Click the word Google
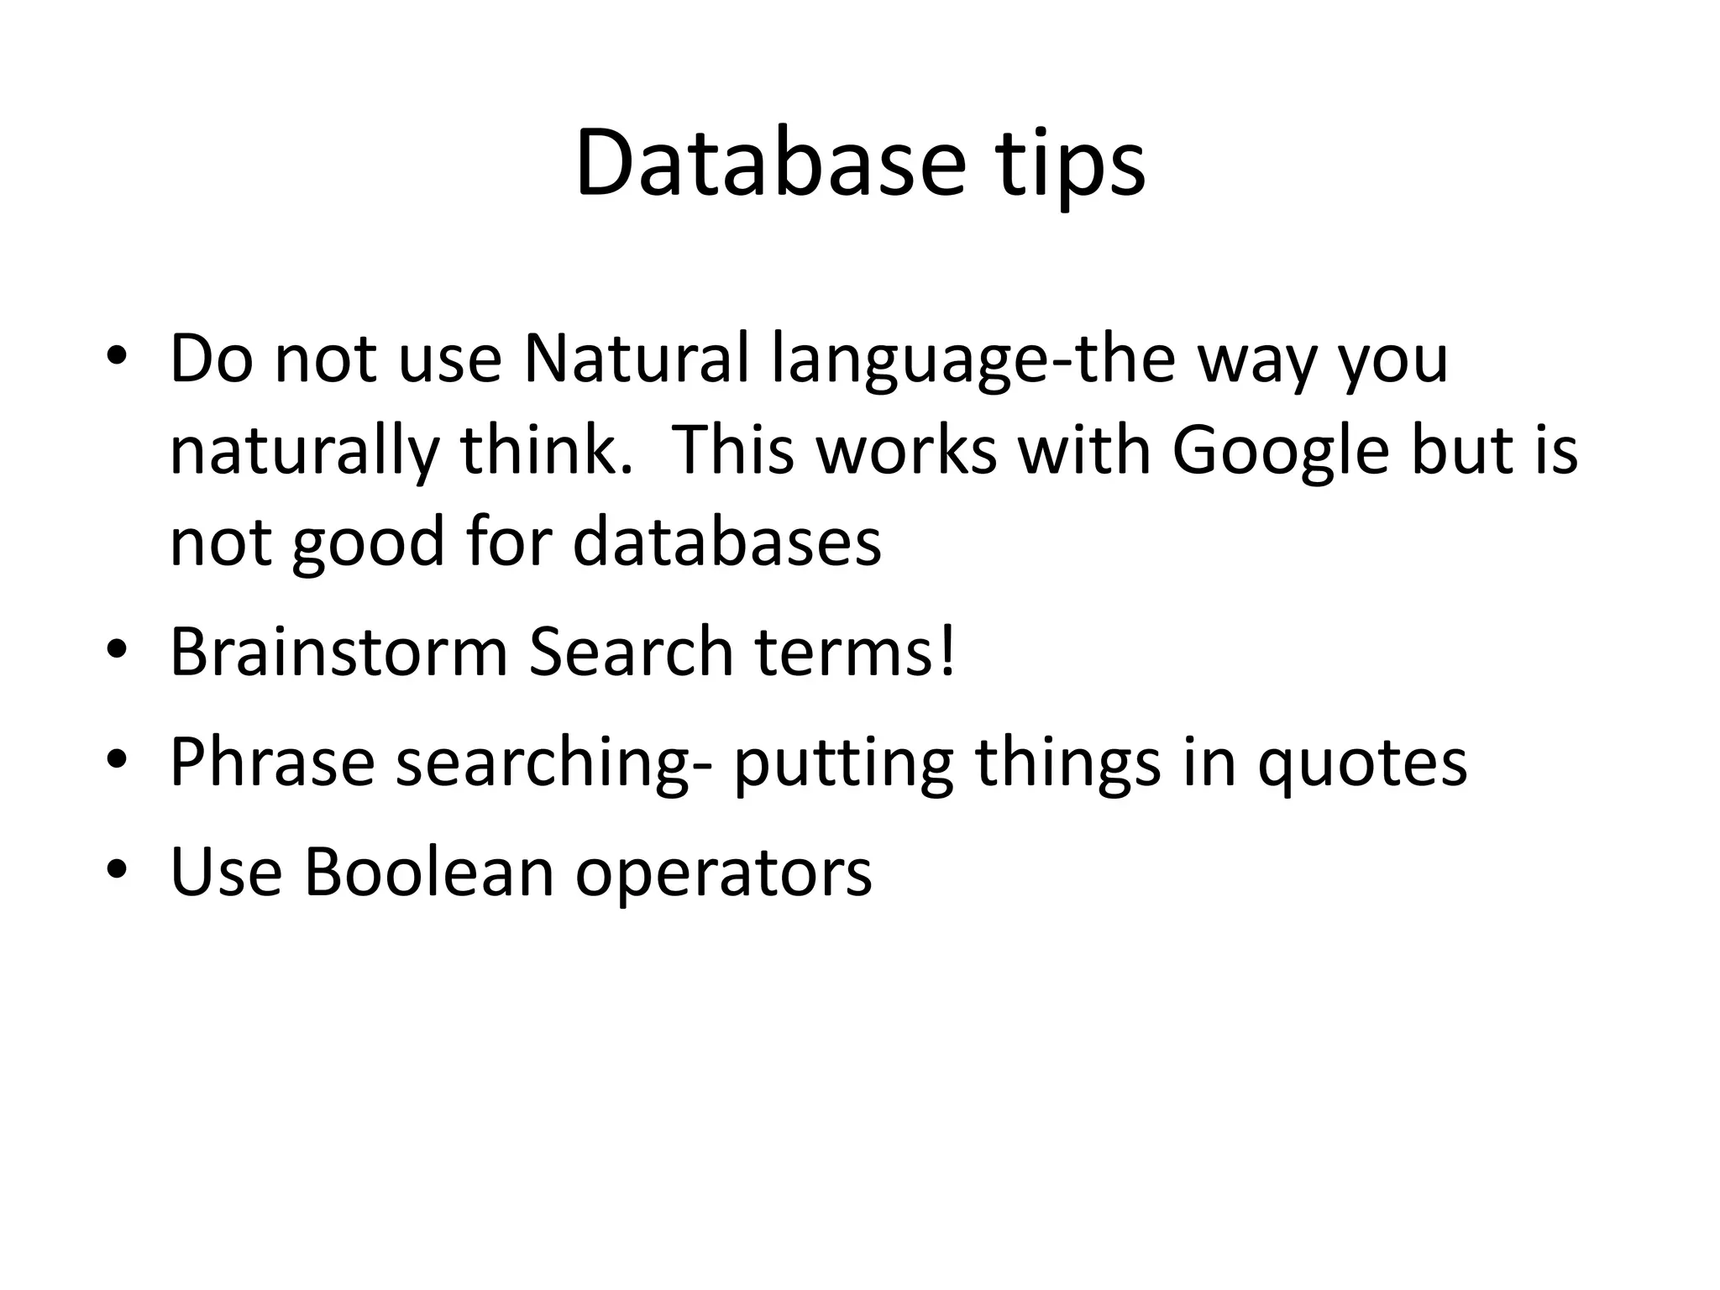click(x=1280, y=453)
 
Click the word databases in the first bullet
click(x=726, y=542)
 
